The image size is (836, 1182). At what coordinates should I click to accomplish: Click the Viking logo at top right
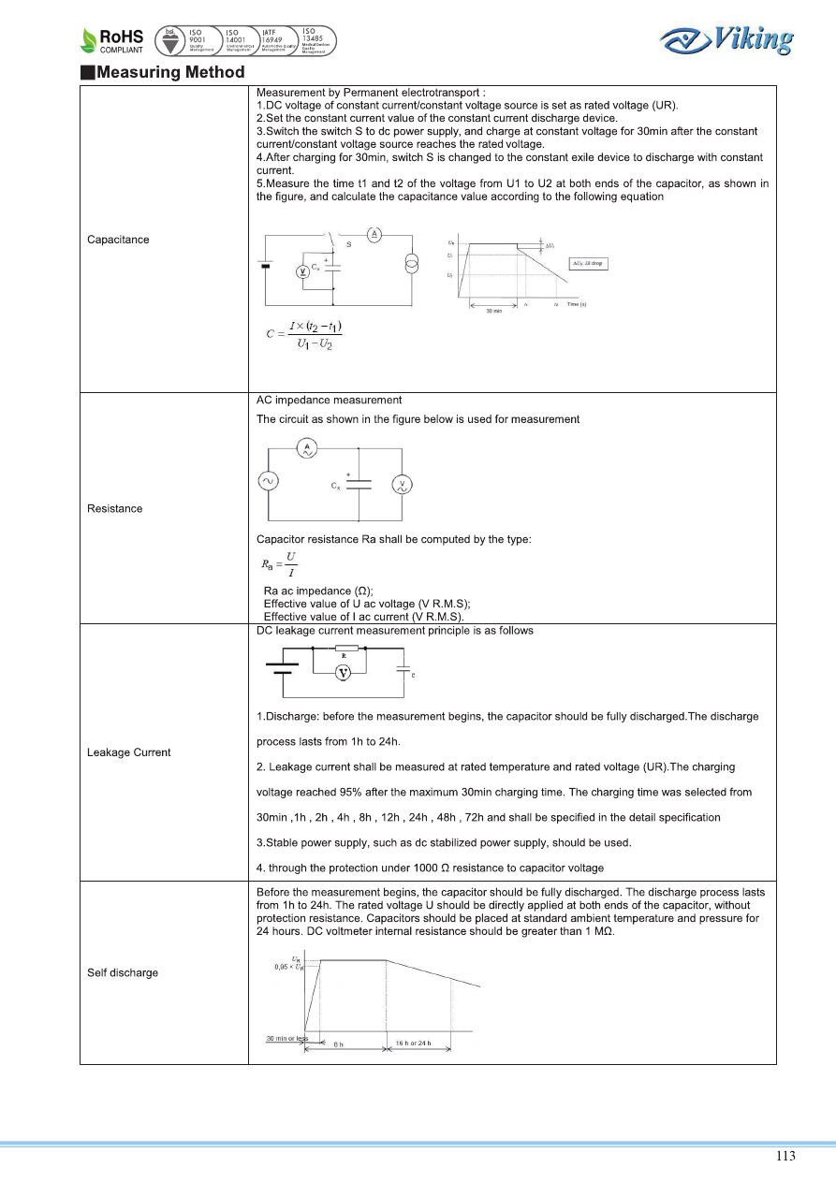pos(726,40)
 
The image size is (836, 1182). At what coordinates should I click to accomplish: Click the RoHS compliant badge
pos(112,40)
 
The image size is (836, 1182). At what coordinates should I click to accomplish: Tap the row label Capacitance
pos(118,240)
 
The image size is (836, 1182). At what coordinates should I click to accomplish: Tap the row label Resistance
pos(115,508)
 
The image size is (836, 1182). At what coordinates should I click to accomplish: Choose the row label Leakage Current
pos(129,752)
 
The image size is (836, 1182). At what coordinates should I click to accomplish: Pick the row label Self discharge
pos(123,972)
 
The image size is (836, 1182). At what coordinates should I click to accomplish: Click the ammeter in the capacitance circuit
pos(374,233)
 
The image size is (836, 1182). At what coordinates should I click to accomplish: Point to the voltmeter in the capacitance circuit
pos(302,270)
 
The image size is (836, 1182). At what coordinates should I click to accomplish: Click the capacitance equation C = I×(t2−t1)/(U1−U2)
pos(305,335)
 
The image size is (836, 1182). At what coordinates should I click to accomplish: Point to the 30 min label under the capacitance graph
pos(493,312)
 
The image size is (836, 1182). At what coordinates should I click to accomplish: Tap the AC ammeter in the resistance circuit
pos(305,450)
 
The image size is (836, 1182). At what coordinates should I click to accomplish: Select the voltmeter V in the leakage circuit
pos(343,674)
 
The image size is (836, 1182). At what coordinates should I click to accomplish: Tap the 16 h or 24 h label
pos(414,1043)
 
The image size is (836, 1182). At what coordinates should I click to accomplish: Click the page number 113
pos(785,1156)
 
